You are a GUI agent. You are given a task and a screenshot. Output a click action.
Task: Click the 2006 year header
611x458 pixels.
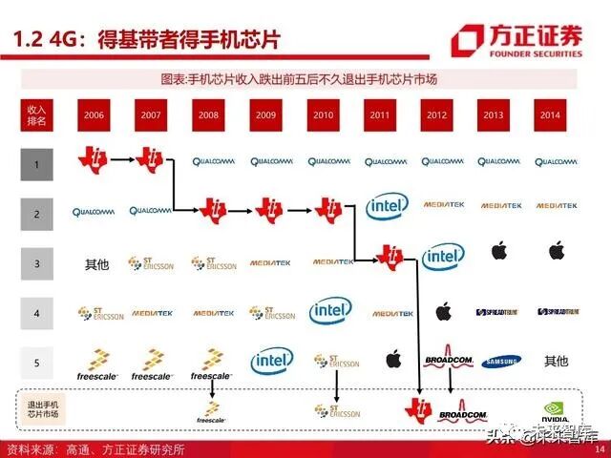point(95,114)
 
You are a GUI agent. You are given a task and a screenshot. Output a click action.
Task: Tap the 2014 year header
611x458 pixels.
point(548,114)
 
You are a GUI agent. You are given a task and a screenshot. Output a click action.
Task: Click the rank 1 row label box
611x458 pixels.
point(37,165)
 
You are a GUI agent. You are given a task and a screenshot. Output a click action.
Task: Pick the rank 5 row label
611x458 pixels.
point(37,363)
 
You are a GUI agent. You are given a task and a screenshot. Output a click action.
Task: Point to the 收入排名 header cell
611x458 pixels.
point(37,114)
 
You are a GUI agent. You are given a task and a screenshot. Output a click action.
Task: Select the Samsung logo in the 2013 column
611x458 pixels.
point(500,361)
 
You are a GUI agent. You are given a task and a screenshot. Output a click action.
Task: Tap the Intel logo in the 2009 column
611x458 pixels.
point(271,361)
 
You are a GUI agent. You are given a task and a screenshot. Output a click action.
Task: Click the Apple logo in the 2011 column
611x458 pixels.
point(391,359)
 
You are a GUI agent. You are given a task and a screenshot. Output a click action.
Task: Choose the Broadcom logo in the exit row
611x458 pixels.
point(462,413)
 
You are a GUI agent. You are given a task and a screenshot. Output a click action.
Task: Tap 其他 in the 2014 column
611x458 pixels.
point(556,362)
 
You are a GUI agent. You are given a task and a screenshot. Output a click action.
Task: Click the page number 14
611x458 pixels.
point(600,449)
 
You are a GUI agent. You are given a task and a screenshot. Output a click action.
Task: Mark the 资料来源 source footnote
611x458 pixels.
point(95,449)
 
